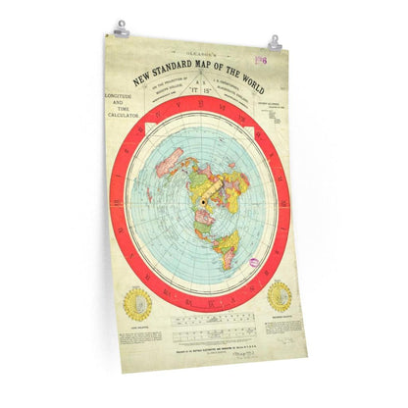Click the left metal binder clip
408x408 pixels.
pos(121,29)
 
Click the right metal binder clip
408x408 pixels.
pos(274,43)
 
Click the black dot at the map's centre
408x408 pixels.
pos(203,203)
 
